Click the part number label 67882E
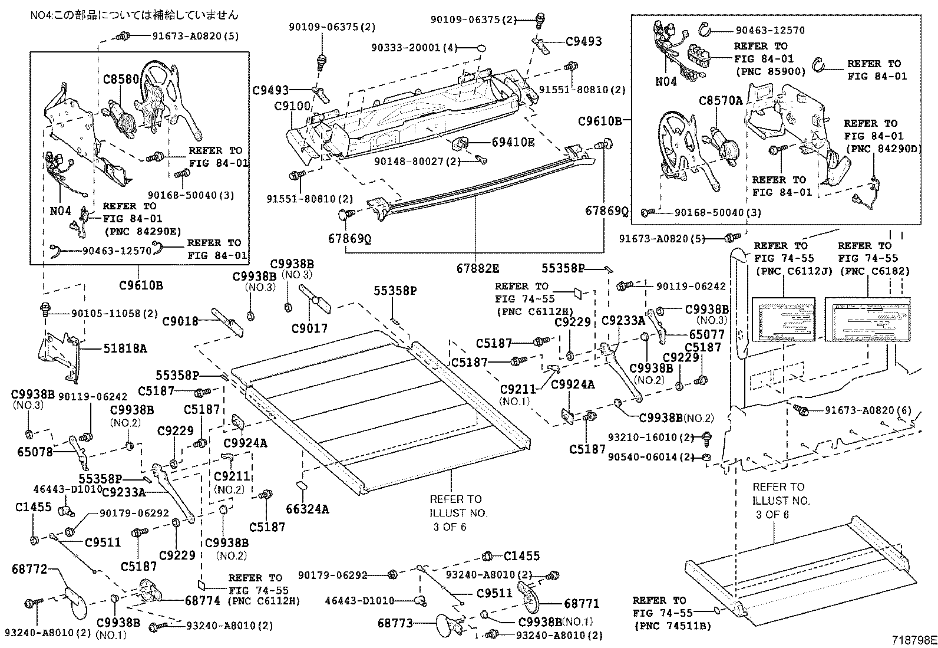tap(477, 268)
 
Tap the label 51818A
tap(125, 348)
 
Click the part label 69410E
tap(513, 142)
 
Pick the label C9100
tap(292, 107)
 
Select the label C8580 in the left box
tap(121, 78)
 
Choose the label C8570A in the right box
tap(721, 101)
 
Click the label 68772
tap(29, 569)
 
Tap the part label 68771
tap(582, 603)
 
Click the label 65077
tap(707, 334)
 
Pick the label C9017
tap(309, 328)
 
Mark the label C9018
tap(180, 321)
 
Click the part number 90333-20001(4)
tap(414, 48)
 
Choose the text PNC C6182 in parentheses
tap(874, 271)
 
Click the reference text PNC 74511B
tap(672, 626)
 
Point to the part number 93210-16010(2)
tap(650, 438)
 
